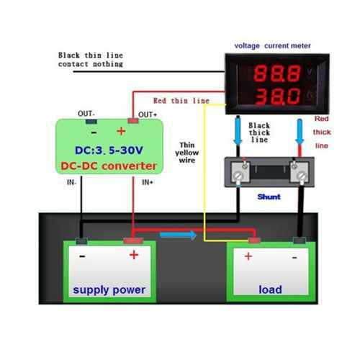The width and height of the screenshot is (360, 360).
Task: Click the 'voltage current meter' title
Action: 272,45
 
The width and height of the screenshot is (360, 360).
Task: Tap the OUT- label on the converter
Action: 86,114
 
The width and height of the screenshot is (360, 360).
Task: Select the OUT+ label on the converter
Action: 148,114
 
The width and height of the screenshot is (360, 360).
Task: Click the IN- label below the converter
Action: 71,182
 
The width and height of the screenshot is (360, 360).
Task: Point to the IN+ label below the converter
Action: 148,182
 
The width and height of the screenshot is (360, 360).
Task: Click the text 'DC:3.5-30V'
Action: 109,150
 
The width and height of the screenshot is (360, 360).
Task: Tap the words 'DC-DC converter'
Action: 109,166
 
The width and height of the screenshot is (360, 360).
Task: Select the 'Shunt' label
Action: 269,197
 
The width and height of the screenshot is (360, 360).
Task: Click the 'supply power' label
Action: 109,290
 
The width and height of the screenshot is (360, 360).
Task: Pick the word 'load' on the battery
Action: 270,289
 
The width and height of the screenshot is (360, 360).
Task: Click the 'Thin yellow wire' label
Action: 186,153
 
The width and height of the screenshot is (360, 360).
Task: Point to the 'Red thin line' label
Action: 181,101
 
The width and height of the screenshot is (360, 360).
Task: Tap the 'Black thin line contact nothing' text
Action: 91,60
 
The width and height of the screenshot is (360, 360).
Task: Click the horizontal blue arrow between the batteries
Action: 178,235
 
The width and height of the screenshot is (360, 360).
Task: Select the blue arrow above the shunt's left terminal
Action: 238,131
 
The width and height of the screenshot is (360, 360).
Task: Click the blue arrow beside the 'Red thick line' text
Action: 300,132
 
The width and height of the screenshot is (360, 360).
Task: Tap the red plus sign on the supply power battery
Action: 134,255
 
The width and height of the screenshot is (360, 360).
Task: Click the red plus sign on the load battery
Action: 248,256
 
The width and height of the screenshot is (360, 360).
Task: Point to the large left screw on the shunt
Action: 238,176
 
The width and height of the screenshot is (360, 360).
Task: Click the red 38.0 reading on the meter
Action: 278,96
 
